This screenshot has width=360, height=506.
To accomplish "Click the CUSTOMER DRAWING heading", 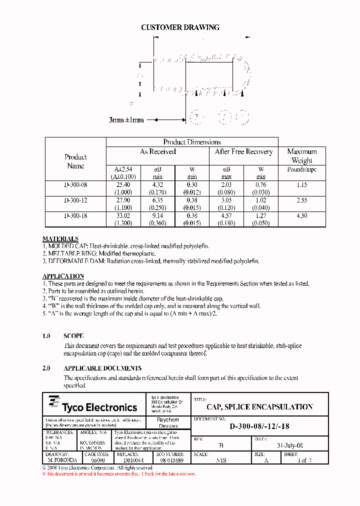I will [180, 27].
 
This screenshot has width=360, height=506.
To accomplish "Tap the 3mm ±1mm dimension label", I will [126, 120].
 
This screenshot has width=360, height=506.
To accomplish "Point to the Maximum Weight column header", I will [301, 155].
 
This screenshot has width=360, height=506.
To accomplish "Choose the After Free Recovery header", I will [243, 151].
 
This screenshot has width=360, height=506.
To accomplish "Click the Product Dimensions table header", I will [192, 142].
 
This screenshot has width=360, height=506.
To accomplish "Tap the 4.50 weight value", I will [301, 216].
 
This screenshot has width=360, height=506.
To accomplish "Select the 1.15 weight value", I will [301, 185].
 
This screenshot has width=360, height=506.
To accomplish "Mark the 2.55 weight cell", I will [301, 200].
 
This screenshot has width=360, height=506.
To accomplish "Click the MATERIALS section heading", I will [60, 239].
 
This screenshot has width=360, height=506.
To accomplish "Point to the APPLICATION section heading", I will [63, 276].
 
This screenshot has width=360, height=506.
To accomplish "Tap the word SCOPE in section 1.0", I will [73, 336].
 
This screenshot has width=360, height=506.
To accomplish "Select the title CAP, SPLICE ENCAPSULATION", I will [259, 407].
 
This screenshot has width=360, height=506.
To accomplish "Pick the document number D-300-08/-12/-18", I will [259, 426].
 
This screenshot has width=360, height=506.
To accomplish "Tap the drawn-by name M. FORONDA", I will [62, 460].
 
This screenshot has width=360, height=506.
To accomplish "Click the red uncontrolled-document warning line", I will [119, 473].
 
